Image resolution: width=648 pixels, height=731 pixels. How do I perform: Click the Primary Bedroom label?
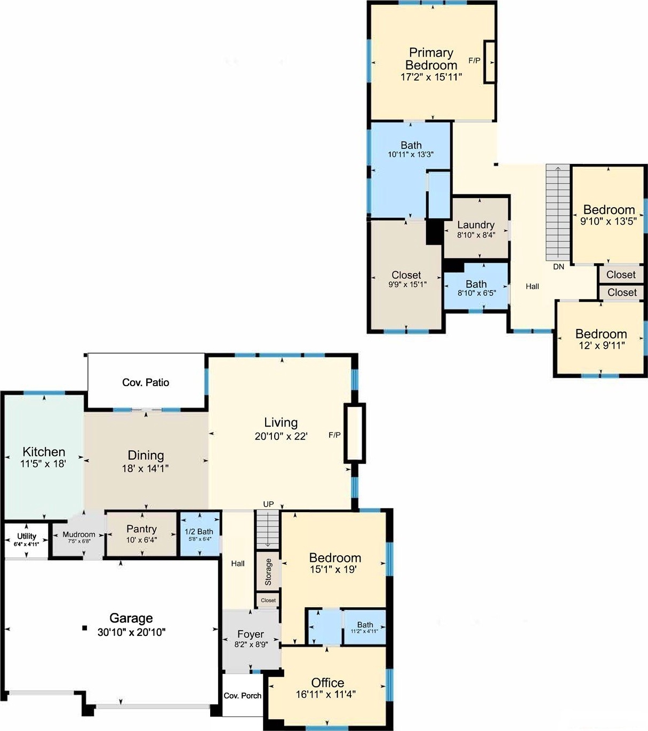[431, 59]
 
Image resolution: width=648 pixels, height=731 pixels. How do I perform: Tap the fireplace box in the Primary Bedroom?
[490, 62]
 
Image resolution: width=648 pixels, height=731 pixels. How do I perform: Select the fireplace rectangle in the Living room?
[355, 433]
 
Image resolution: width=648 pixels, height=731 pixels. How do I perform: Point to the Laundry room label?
[476, 225]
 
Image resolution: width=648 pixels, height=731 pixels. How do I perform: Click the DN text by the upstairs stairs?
[558, 266]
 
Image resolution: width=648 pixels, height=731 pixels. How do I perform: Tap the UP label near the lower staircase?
[268, 504]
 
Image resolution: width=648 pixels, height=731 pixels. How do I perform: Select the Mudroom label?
[79, 535]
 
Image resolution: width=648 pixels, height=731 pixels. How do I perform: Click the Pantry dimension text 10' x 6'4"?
[141, 540]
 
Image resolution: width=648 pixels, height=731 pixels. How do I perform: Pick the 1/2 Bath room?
[200, 533]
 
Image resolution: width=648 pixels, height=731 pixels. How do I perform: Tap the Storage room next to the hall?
[268, 572]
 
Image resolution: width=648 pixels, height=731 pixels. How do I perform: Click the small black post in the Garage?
[85, 628]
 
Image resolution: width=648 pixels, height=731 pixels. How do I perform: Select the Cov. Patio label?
[146, 382]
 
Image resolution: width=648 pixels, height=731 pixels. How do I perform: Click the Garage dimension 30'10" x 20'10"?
[131, 632]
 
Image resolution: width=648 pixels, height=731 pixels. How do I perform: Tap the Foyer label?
[251, 634]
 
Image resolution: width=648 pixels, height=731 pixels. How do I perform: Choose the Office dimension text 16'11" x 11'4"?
[326, 694]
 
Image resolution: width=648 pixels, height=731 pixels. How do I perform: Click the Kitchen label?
[44, 452]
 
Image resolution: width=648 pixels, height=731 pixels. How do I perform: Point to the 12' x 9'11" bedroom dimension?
[602, 345]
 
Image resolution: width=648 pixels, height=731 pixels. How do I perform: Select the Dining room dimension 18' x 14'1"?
[145, 468]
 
